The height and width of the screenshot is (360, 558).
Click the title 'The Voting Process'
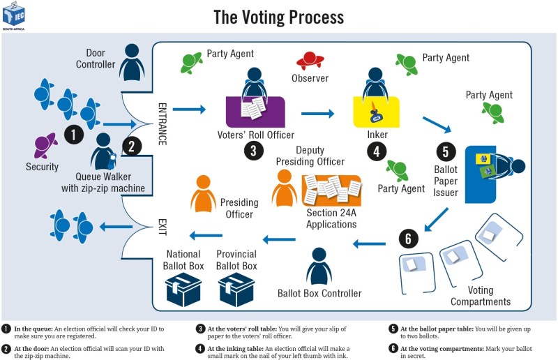tap(278, 15)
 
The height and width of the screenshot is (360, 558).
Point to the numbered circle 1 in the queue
tap(74, 133)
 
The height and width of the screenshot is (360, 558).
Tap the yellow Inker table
tap(377, 112)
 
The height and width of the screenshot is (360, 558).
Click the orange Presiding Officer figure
tap(203, 193)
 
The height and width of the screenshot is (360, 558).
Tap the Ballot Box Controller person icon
tap(319, 265)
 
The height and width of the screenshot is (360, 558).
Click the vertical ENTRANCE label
tap(163, 123)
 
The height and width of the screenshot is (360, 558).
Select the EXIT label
tap(163, 225)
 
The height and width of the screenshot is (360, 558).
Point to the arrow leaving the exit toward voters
tap(116, 225)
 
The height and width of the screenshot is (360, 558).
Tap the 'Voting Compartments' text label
tap(480, 296)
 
